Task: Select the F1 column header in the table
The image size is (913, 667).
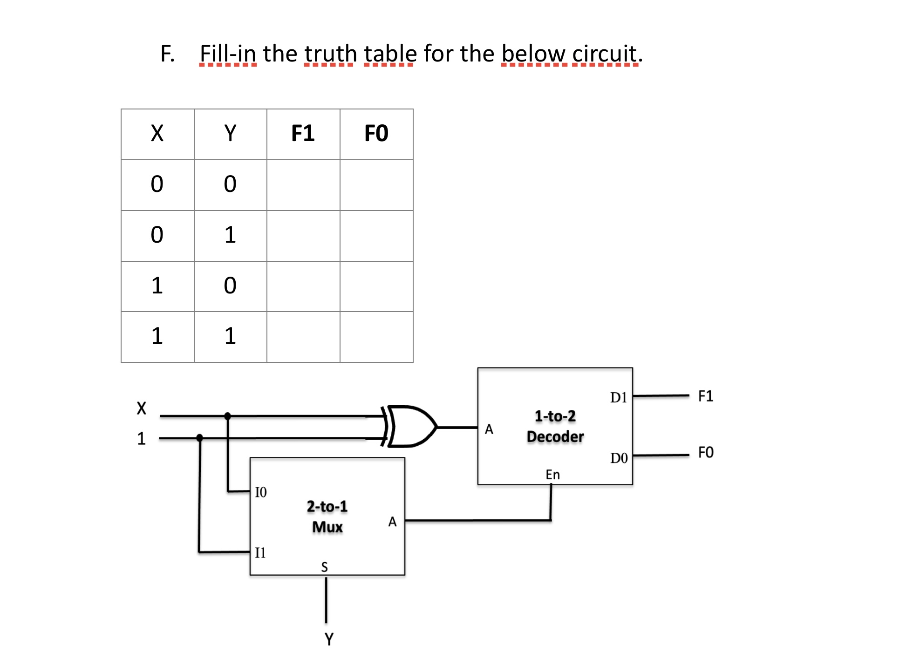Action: coord(303,133)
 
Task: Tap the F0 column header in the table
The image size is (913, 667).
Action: coord(376,133)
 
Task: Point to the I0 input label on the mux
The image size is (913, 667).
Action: coord(261,492)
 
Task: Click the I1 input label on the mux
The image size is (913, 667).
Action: coord(260,552)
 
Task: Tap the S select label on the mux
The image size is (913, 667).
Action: coord(325,567)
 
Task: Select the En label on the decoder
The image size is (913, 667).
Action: coord(552,475)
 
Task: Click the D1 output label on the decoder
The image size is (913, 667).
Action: coord(619,397)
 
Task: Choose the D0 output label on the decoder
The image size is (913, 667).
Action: coord(619,458)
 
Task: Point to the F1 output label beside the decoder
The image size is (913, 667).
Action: coord(705,396)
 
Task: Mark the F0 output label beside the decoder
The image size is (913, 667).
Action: coord(705,452)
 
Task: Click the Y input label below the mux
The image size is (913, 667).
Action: coord(329,639)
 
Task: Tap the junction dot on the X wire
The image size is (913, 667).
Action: coord(228,416)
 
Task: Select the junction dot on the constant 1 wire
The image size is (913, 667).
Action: coord(200,438)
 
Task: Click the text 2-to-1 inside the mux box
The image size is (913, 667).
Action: coord(327,506)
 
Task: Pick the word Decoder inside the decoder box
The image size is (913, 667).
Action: coord(555,437)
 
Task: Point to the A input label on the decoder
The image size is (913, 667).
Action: coord(489,429)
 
